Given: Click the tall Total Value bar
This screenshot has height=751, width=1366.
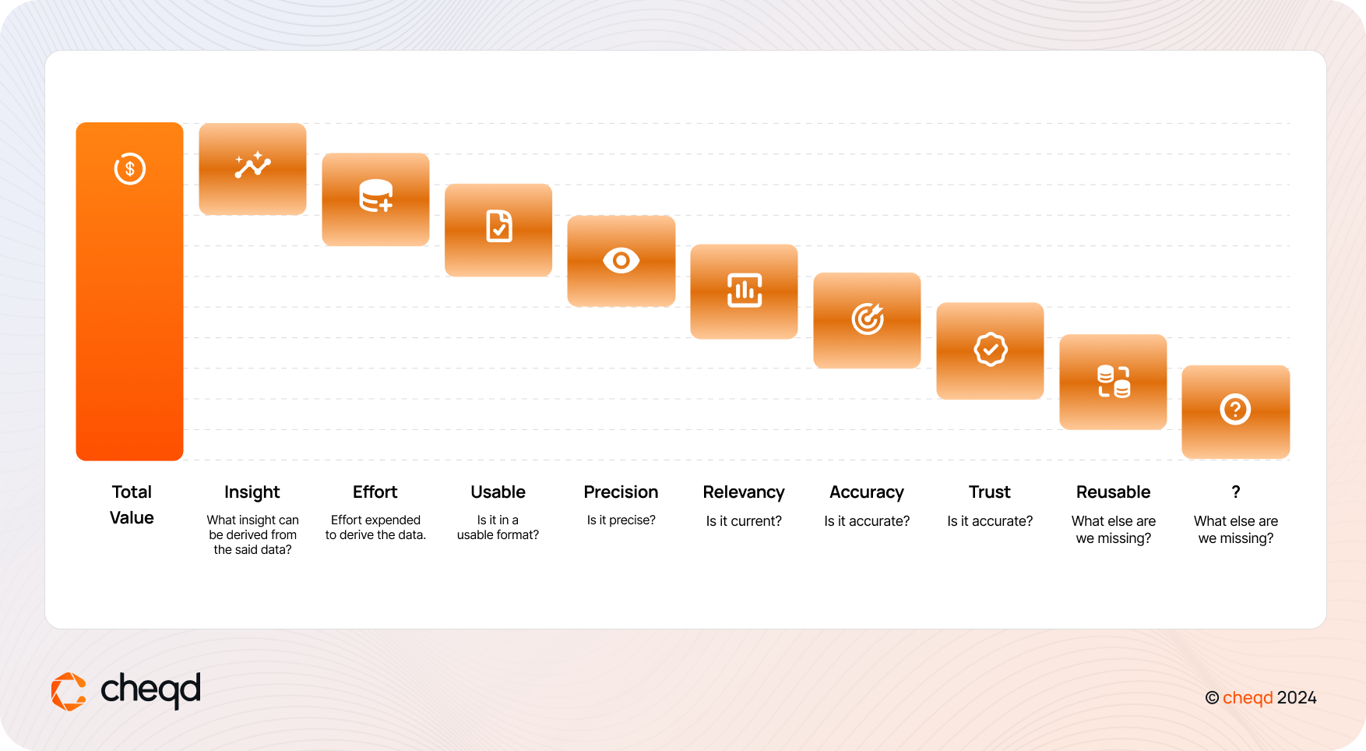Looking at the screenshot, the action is (129, 291).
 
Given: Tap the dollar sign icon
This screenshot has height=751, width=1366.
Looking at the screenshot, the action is (130, 168).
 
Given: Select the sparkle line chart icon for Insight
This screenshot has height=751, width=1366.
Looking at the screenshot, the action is (252, 165).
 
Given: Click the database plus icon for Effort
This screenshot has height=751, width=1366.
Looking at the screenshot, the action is (375, 196).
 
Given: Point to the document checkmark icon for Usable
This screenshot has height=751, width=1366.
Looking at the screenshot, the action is (499, 226).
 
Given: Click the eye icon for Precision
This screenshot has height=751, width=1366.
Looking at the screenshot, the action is (621, 260).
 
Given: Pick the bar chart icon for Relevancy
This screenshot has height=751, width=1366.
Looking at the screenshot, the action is (745, 291).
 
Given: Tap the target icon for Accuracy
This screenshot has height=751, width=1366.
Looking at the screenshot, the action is (868, 319).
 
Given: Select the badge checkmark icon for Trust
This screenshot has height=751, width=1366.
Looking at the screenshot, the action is (991, 350).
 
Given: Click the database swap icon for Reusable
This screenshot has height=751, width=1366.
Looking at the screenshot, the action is (1114, 382).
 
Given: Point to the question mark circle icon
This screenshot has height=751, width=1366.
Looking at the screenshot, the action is (1236, 409).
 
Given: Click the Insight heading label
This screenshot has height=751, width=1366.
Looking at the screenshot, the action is (252, 492).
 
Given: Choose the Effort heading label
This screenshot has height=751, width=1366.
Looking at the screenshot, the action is (375, 492).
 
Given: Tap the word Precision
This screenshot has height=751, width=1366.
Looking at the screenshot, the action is (621, 492).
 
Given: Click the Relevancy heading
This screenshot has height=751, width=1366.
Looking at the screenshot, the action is (744, 492).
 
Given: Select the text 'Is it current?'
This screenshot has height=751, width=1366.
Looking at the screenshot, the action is (744, 521).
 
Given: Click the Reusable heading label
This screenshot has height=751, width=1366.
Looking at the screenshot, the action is (1114, 492).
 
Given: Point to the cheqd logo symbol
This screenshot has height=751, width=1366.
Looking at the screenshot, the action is (69, 692).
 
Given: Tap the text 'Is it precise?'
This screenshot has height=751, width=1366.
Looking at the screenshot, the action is (621, 520).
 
